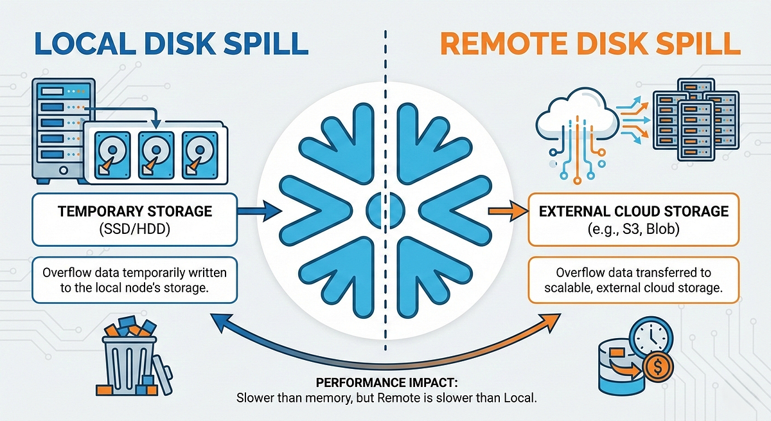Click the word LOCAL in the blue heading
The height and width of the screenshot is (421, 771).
[x=85, y=44]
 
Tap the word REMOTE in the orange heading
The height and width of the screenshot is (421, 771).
[x=504, y=44]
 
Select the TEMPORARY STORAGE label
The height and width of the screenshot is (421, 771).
[x=135, y=211]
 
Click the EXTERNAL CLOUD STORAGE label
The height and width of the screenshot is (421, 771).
[x=634, y=211]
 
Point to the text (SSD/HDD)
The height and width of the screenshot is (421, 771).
[x=134, y=229]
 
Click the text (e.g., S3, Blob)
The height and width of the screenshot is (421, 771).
[x=634, y=229]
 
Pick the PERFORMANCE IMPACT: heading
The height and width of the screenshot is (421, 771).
[x=387, y=382]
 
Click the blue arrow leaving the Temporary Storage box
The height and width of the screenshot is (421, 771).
[x=260, y=210]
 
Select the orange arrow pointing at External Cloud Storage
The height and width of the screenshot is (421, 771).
[x=508, y=210]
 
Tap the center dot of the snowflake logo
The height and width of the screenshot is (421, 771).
[x=385, y=210]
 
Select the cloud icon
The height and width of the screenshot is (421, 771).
[x=577, y=117]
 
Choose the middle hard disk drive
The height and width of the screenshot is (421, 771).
[x=156, y=155]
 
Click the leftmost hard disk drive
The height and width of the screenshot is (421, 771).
[x=112, y=155]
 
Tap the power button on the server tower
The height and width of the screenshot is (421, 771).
[x=64, y=170]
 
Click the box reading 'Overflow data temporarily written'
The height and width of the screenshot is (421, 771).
[x=134, y=280]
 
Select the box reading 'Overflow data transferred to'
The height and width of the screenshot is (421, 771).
[x=634, y=280]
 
